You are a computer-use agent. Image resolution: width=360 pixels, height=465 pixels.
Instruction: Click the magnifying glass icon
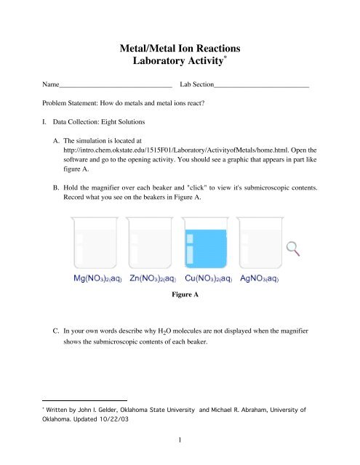pyautogui.click(x=294, y=248)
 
